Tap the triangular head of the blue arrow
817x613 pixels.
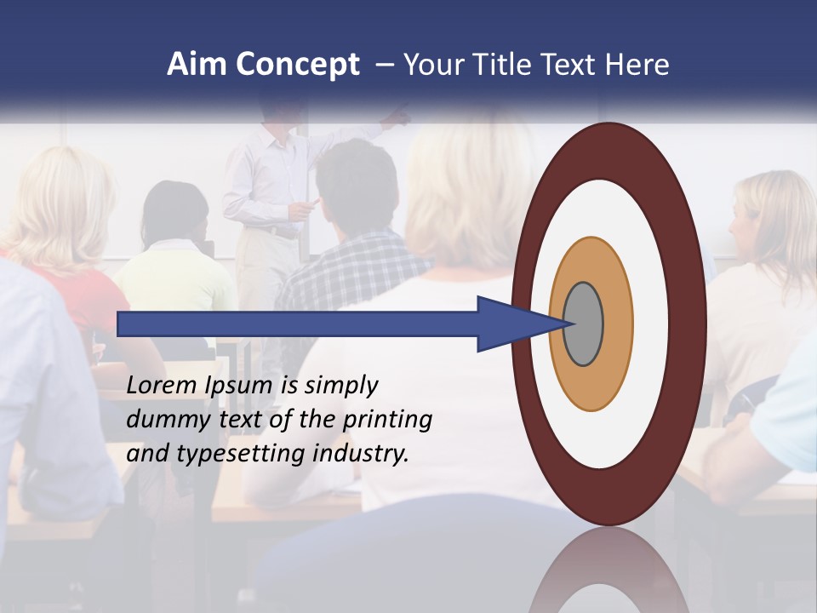(515, 324)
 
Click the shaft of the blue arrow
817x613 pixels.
(298, 324)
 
